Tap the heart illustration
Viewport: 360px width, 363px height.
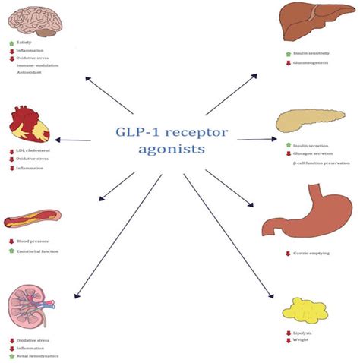[30, 125]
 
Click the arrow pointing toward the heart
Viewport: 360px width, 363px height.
[76, 140]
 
